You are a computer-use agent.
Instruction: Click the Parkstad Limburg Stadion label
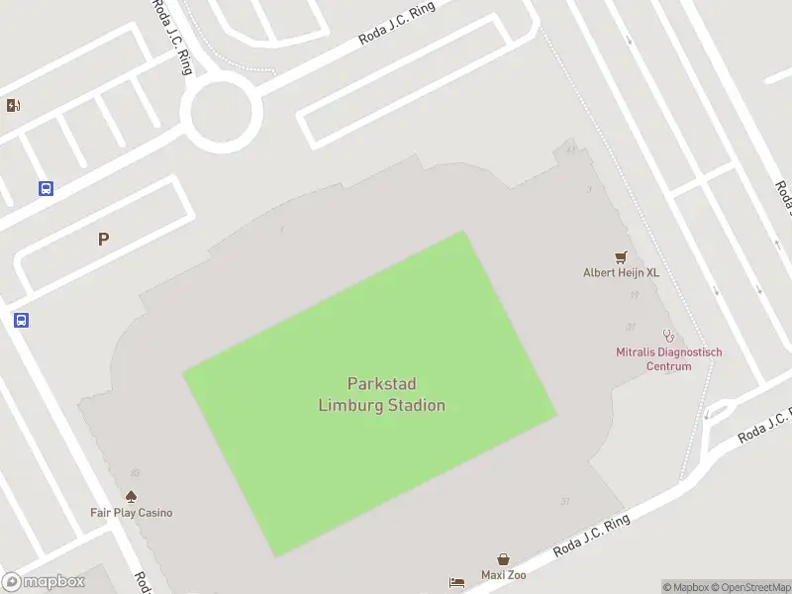tap(381, 394)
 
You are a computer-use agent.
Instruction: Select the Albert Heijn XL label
tap(620, 272)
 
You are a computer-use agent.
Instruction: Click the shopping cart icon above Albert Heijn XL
tap(622, 256)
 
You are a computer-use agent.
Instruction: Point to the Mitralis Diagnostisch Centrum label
tap(669, 358)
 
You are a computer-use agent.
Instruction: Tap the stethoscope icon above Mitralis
tap(669, 336)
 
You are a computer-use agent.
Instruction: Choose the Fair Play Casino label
tap(131, 513)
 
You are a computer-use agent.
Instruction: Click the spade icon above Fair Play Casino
tap(130, 496)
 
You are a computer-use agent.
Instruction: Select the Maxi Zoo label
tap(503, 575)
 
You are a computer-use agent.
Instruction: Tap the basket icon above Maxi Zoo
tap(503, 559)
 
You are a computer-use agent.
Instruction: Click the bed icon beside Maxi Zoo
tap(455, 582)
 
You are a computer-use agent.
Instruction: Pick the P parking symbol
tap(103, 239)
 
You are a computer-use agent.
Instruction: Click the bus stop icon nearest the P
tap(46, 188)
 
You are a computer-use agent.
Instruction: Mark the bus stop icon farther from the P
tap(21, 320)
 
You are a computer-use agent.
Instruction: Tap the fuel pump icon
tap(13, 106)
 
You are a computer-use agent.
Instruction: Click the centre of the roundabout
tap(221, 114)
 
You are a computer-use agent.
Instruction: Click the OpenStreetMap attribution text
tap(749, 587)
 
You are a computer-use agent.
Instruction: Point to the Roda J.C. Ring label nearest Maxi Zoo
tap(591, 535)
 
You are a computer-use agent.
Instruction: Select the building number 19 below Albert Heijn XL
tap(634, 295)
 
